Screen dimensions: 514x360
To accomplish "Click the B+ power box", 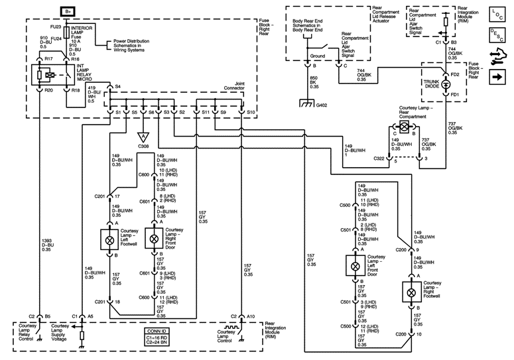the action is coord(68,11).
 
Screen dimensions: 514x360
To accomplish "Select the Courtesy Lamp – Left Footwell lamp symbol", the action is coord(109,240).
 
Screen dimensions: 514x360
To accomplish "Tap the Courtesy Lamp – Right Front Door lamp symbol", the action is coord(154,239).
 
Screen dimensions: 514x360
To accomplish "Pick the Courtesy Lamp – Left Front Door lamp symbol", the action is coord(355,266).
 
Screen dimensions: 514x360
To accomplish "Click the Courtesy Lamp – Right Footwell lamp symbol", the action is coord(411,292).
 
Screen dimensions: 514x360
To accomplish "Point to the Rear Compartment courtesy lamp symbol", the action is coord(403,126).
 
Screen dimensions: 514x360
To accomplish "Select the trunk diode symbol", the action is coord(446,84).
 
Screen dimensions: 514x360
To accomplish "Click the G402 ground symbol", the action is coord(307,104).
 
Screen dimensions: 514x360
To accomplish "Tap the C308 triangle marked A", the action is coord(143,137).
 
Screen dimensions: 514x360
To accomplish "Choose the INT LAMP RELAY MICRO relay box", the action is coord(48,75).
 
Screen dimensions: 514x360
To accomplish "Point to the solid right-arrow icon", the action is coord(497,77).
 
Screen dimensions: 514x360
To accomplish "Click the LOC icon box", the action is coord(497,15).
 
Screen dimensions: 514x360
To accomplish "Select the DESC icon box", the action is coord(497,34).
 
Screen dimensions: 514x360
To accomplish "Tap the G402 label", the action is coord(322,105).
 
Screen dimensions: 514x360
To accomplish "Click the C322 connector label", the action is coord(379,158).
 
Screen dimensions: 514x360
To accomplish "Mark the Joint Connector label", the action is coord(234,86).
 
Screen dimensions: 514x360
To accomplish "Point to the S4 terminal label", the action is coord(118,86).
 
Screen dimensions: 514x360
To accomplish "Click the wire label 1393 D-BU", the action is coord(48,245).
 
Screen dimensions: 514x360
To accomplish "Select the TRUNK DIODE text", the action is coord(431,84).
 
